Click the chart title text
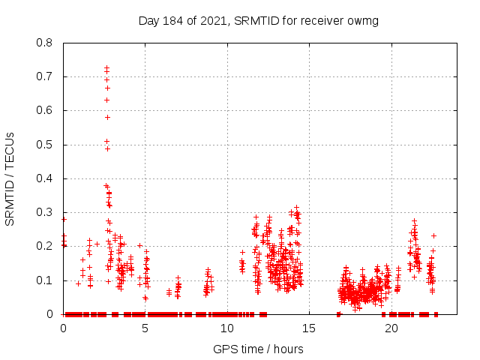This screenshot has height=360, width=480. [259, 20]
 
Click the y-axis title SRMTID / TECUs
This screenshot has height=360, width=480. [10, 178]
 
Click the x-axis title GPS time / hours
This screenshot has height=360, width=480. [258, 349]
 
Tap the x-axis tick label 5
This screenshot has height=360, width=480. [145, 328]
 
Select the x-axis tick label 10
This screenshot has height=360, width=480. [227, 328]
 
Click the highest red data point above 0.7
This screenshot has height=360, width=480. [106, 67]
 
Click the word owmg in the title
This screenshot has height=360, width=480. [364, 20]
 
